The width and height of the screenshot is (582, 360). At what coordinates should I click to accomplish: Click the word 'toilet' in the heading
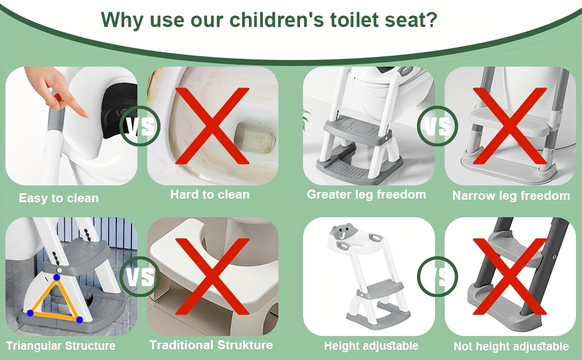pos(355,19)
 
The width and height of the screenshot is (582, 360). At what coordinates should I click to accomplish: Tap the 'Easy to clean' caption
pos(59,198)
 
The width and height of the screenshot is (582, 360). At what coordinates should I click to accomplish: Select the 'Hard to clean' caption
pos(210,194)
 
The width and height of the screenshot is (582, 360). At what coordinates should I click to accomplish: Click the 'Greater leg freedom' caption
pos(367,194)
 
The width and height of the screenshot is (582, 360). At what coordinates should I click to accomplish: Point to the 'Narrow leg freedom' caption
pos(511,195)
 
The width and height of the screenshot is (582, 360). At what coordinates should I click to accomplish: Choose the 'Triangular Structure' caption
pos(61,346)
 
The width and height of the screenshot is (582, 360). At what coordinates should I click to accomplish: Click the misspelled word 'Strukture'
pos(245,345)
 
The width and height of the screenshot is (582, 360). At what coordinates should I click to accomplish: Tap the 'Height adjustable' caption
pos(371,346)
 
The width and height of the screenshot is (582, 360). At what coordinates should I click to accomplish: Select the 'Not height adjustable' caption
pos(511,346)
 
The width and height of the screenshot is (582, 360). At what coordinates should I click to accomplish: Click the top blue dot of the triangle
pos(56,277)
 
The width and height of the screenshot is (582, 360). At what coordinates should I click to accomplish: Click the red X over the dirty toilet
pos(212,126)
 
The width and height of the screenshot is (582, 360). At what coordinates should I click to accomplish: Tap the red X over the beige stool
pos(212,277)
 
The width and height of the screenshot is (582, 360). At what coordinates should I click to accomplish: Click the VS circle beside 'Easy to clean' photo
pos(140,126)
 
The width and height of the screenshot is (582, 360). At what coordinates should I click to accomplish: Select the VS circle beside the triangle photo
pos(140,277)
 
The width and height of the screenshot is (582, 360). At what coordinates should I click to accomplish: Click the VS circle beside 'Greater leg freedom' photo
pos(437,126)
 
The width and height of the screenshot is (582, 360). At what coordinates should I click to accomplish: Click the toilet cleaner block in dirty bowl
pos(256,138)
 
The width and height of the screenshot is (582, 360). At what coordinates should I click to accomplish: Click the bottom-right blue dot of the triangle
pos(80,320)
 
